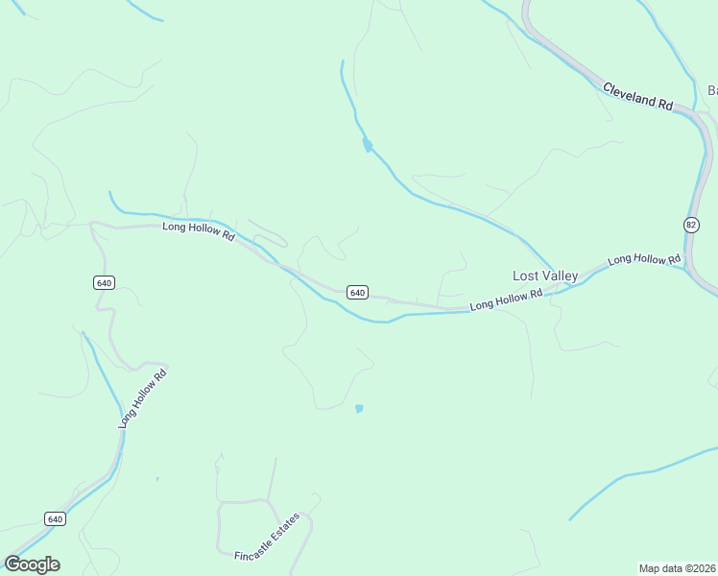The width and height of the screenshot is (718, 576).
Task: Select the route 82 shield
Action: click(691, 224)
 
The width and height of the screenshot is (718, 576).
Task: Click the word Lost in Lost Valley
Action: click(526, 276)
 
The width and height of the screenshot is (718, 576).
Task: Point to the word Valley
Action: click(560, 276)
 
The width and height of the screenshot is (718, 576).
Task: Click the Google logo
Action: click(32, 564)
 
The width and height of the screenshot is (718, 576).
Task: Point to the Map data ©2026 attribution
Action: click(677, 567)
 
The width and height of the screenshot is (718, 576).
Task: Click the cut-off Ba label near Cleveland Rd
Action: click(712, 90)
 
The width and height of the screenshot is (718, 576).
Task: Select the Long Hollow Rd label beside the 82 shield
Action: click(643, 259)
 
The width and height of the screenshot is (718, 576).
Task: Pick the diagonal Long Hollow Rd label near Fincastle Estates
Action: click(142, 397)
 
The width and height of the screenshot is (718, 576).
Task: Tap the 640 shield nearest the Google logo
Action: click(55, 518)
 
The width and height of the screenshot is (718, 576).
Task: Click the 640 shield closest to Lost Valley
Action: click(357, 292)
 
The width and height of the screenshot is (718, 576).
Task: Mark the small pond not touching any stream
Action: click(359, 408)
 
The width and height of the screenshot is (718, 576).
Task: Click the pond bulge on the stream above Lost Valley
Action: click(367, 146)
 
